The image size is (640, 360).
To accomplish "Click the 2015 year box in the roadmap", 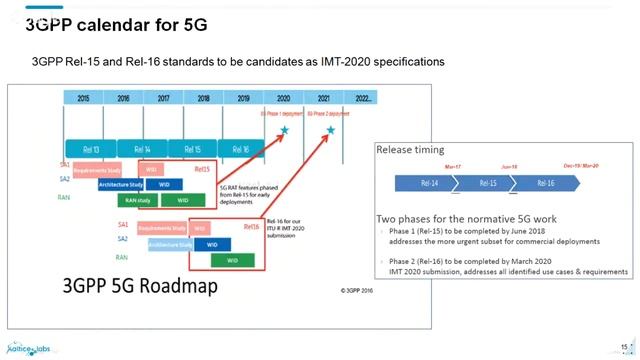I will coord(83,98).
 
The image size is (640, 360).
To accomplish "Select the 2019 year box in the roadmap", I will coord(243,98).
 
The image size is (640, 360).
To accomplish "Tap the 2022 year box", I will coord(363,98).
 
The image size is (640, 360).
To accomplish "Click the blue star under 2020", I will coord(284,131).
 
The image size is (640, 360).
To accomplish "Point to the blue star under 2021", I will coord(330,131).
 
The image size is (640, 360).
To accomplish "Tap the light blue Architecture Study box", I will coord(170,244).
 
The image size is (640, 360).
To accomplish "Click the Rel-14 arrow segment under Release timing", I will coord(427,183).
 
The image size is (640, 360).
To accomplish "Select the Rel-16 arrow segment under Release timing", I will coord(547,183).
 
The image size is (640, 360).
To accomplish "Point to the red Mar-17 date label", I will coord(452,166).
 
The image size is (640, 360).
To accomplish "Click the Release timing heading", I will coord(408,149).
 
